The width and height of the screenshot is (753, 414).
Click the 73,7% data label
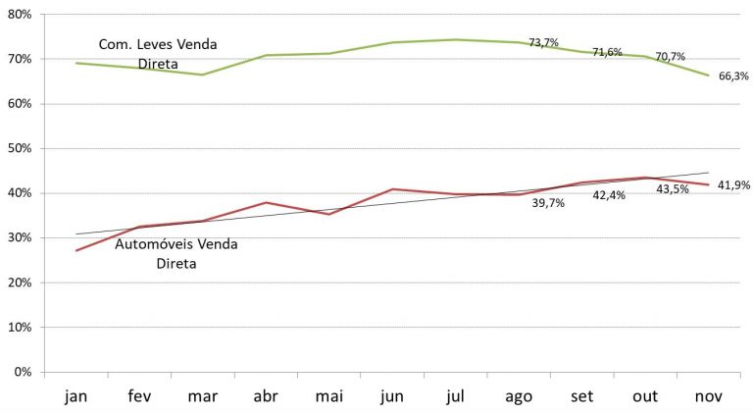[543, 43]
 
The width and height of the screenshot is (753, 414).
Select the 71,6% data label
[607, 52]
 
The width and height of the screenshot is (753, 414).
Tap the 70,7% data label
[670, 57]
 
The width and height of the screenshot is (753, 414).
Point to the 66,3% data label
[733, 76]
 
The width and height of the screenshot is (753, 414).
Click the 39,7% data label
[548, 202]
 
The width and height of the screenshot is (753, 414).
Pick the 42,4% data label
[611, 195]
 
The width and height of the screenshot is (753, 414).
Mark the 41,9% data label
[734, 183]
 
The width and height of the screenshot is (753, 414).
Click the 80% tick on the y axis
[19, 15]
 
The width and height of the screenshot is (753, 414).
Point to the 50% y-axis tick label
[19, 149]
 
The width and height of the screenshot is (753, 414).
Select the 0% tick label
[23, 373]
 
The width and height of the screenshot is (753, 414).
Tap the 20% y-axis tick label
[19, 284]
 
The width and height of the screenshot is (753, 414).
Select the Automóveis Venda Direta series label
[176, 253]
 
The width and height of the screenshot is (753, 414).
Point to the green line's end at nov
[708, 75]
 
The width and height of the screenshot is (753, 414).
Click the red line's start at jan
[76, 250]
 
